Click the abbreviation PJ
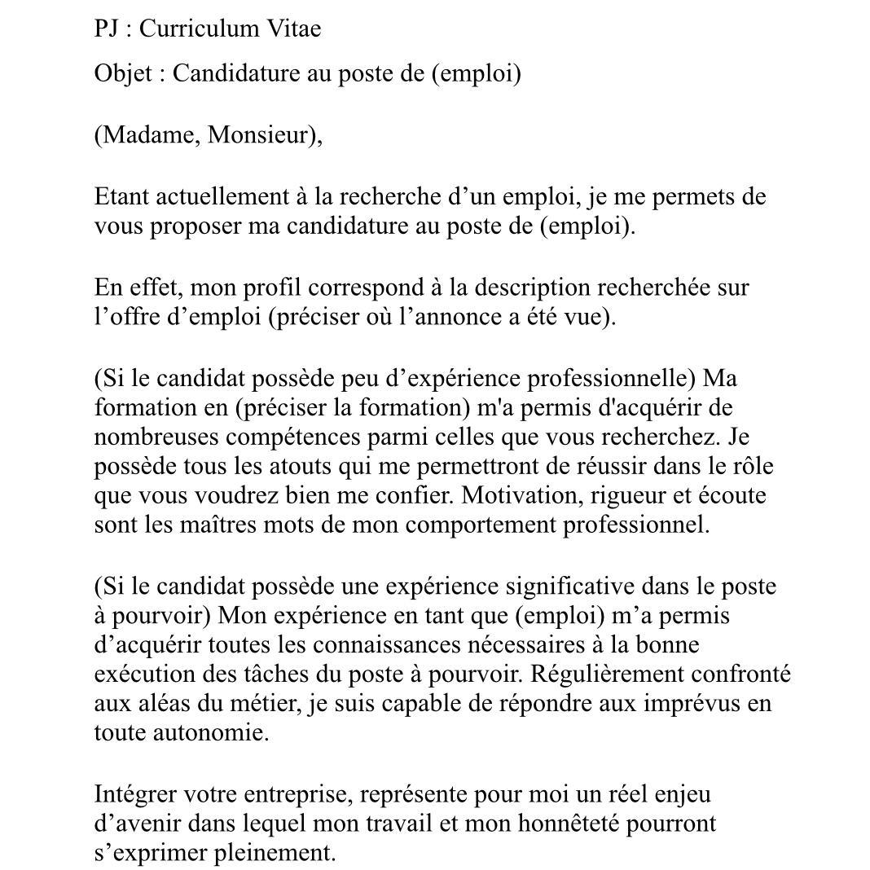[107, 29]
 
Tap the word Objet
[123, 73]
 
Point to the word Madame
[149, 134]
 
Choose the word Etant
[121, 196]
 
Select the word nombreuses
[157, 437]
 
